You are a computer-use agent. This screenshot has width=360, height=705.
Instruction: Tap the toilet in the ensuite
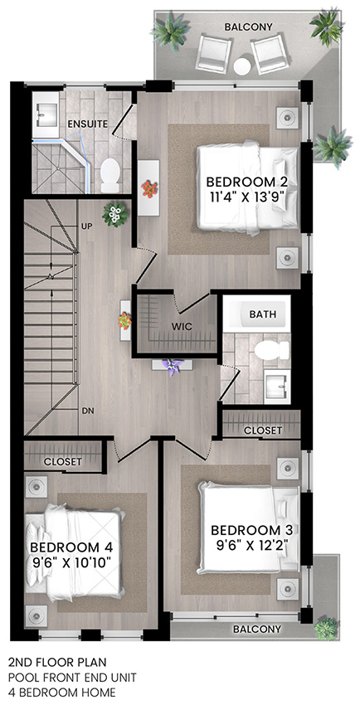(x=110, y=176)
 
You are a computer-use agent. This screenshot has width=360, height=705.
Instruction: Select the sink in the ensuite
(x=46, y=114)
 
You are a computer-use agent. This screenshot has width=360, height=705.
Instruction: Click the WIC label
(x=182, y=327)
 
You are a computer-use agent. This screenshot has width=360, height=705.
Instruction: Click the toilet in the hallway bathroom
(x=271, y=351)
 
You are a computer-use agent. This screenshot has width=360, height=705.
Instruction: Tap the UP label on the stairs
(x=87, y=226)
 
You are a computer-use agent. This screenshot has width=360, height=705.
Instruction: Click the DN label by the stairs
(x=88, y=411)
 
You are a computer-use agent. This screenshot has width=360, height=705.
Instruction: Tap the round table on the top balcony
(x=242, y=67)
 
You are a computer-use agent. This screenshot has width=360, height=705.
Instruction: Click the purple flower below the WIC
(x=173, y=367)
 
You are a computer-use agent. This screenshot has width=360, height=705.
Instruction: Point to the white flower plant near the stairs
(x=115, y=215)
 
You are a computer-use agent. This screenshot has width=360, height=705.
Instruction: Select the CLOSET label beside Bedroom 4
(x=63, y=461)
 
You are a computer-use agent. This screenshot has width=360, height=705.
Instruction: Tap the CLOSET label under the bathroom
(x=263, y=430)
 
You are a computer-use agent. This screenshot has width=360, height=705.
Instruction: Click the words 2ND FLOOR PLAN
(x=57, y=663)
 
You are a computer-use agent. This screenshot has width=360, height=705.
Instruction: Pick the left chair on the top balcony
(x=214, y=53)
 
